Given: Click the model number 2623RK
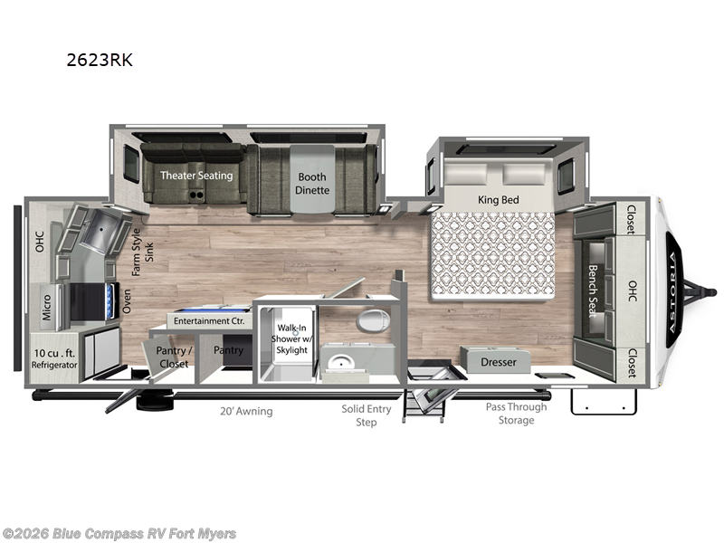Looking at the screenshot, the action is [x=100, y=60].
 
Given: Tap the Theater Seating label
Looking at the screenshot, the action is [x=196, y=176].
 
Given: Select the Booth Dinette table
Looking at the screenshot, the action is [x=312, y=179].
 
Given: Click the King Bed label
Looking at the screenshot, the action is [x=499, y=200].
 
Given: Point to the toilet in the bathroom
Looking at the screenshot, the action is [x=374, y=320].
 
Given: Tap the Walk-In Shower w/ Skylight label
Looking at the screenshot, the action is [x=291, y=338].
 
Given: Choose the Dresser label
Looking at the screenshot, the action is [x=499, y=362].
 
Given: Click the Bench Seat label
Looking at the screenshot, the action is [x=593, y=291].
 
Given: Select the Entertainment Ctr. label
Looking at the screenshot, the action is [x=209, y=321].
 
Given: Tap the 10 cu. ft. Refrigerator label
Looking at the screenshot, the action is [x=54, y=358].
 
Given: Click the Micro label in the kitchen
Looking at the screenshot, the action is [x=47, y=308].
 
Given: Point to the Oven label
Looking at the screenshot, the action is [x=127, y=301].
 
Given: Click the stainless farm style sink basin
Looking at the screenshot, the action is [x=100, y=230].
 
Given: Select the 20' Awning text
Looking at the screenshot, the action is [x=246, y=411].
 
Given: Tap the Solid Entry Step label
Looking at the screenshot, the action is [x=367, y=415].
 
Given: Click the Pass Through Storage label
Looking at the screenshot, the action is [x=516, y=414].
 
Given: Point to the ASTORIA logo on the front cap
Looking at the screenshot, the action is [x=674, y=291].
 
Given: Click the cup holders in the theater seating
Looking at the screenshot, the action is [x=196, y=195].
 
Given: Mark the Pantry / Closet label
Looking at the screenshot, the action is [x=174, y=357].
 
